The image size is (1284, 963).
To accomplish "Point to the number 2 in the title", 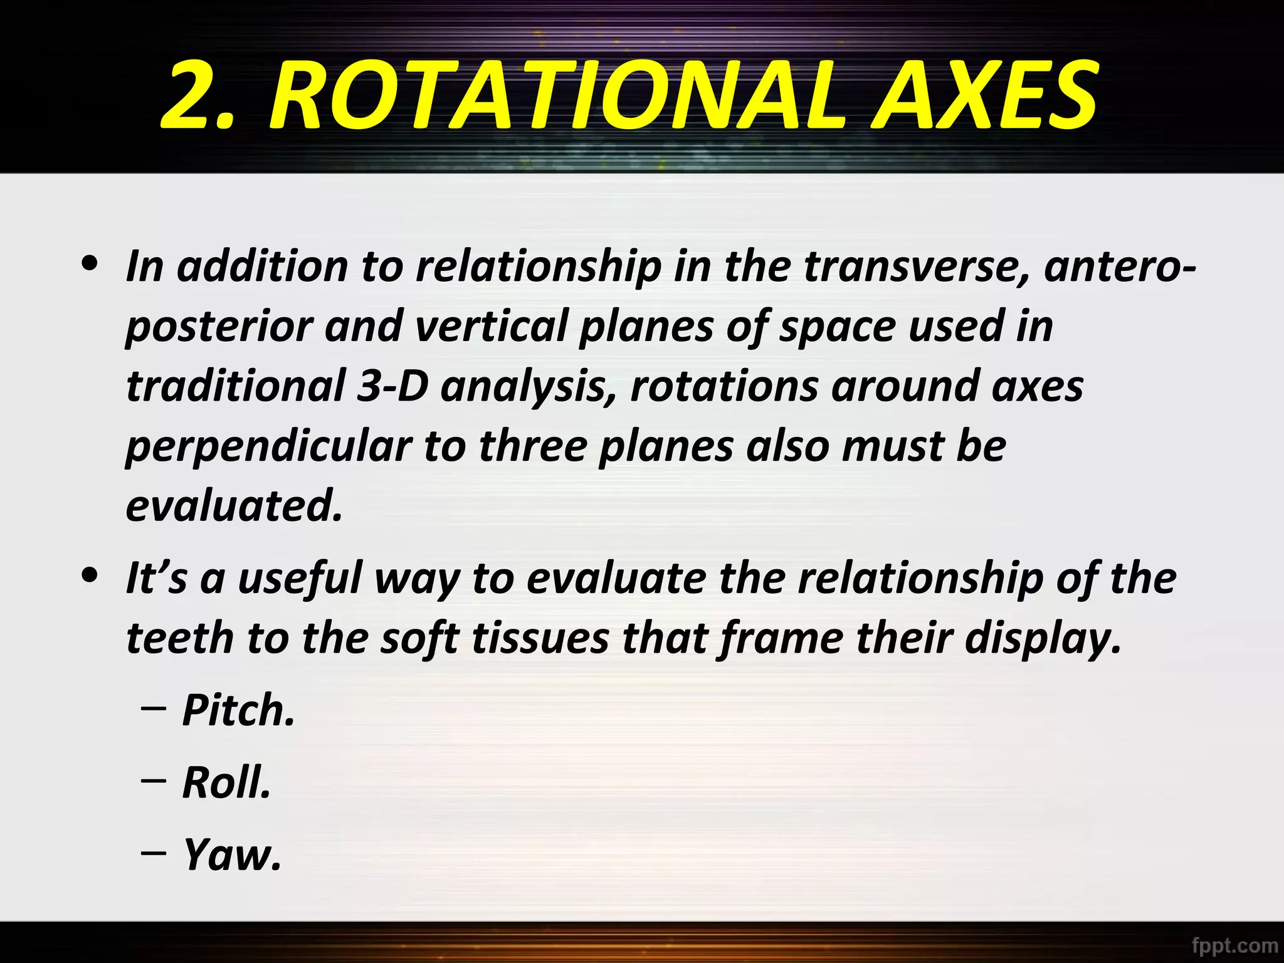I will coord(188,97).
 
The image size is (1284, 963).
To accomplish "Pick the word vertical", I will coord(491,326).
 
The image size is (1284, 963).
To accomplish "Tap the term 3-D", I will coord(393,386).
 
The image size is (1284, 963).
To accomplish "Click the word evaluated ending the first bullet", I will coord(234,506).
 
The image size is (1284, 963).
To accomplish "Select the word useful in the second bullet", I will coord(300,578).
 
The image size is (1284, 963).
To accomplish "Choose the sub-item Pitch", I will coord(238,711).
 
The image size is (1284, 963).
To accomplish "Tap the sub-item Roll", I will coord(226,783).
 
